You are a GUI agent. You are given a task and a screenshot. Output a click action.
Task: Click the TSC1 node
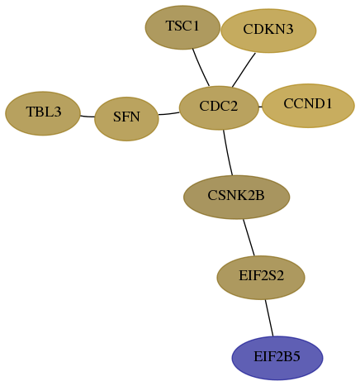coord(182,27)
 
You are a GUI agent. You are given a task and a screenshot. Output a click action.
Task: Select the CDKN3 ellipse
coord(268,31)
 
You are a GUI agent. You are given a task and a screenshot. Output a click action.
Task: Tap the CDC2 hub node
coord(219,107)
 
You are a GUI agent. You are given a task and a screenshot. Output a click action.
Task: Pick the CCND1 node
coord(308,106)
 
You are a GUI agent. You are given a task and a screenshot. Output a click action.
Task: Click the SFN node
coord(126,119)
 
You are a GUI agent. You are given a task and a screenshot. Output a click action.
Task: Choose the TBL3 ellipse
coord(43,113)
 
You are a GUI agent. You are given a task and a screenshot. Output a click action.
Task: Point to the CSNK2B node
coord(236,197)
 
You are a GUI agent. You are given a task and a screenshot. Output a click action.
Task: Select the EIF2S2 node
coord(261,278)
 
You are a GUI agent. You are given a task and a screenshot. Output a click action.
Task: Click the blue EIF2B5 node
coord(277,358)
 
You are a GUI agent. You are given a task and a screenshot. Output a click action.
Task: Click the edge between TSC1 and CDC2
coord(201,68)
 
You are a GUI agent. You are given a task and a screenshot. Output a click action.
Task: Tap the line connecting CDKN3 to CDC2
coord(244,70)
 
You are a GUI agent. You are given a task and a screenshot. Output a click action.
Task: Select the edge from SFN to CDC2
coord(169,113)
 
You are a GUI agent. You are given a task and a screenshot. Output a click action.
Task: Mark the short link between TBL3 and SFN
coord(88,117)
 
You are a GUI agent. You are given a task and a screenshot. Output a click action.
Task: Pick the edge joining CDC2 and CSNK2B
coord(228,152)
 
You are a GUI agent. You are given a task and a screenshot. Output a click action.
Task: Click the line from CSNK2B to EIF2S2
coord(249,237)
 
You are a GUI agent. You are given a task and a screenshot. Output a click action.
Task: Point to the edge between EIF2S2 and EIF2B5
coord(269,317)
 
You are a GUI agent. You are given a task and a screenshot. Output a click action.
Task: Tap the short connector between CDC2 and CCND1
coord(260,107)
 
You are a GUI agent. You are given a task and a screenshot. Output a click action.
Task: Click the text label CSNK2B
coord(236,195)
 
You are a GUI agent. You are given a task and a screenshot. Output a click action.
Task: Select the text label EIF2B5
coord(277,356)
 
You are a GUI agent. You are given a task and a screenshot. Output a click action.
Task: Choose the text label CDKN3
coord(268,29)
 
